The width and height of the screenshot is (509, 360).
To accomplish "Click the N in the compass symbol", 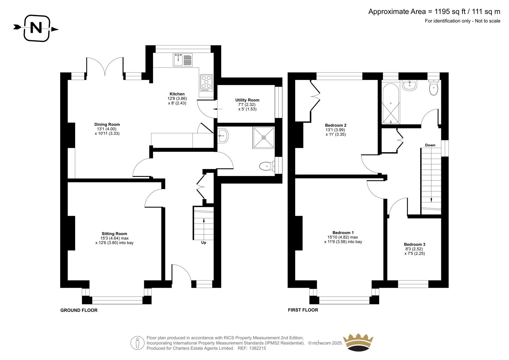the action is [x=36, y=28].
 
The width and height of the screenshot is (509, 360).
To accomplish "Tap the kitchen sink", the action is [x=183, y=60].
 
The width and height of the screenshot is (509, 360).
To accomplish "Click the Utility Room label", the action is [x=247, y=100].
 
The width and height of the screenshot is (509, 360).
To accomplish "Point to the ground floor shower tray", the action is [x=264, y=138].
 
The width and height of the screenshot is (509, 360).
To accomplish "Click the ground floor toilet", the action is [x=267, y=166].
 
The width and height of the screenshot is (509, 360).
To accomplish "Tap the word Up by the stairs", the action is [x=204, y=243].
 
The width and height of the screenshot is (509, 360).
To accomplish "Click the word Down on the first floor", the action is [x=430, y=145].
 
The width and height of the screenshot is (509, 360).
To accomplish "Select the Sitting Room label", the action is [x=114, y=234].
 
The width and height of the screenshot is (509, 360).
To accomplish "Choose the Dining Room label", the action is [x=107, y=124].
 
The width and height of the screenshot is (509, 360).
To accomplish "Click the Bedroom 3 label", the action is [x=415, y=244].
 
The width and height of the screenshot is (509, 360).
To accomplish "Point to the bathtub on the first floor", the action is [x=391, y=104].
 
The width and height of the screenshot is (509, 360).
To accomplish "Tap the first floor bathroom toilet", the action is [x=434, y=88].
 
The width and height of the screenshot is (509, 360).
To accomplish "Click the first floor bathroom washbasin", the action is [x=410, y=85].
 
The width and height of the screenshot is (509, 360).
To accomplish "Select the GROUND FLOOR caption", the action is [x=79, y=310].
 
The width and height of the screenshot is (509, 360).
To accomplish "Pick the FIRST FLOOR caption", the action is [x=303, y=310].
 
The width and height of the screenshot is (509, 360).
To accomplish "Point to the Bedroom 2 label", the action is [x=336, y=125].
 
